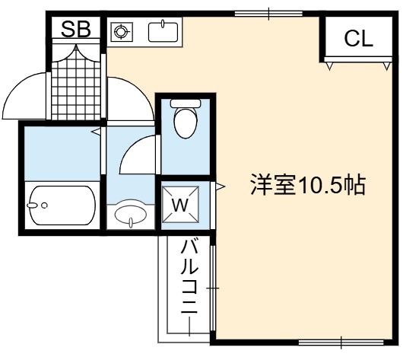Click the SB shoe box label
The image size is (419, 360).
[x=76, y=29]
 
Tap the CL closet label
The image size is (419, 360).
[x=358, y=38]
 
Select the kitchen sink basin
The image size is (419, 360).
[x=163, y=32]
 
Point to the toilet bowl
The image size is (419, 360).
[x=186, y=123]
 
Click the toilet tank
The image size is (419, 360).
[x=186, y=104]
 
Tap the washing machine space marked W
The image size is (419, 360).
[x=180, y=205]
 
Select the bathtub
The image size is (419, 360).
[x=62, y=205]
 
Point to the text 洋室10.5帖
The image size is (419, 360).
[x=308, y=185]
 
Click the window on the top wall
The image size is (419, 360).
[x=268, y=14]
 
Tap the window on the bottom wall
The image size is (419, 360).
[x=341, y=342]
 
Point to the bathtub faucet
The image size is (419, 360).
[x=32, y=205]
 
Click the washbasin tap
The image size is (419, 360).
[x=131, y=222]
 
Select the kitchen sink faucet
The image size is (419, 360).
[x=163, y=24]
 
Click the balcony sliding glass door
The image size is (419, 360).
[x=213, y=288]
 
